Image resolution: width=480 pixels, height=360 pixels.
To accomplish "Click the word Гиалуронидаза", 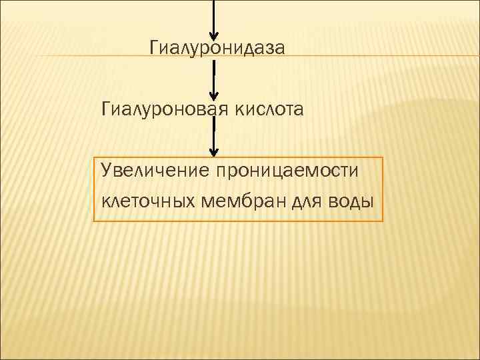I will [217, 47].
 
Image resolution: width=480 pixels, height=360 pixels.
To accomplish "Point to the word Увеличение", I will [154, 170].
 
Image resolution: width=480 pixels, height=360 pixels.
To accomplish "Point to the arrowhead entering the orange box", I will [213, 151].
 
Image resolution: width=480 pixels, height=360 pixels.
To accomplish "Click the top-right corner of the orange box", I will [383, 158].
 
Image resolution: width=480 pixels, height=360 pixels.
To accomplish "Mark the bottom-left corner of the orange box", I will [94, 221].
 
